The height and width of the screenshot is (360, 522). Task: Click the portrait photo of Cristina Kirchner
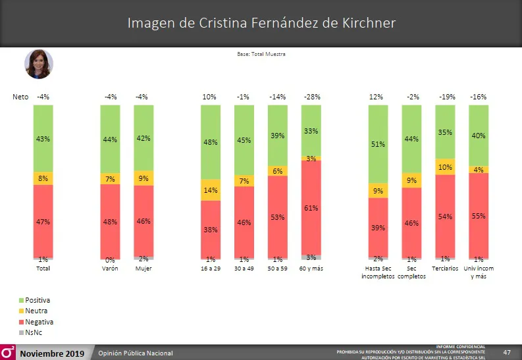click(x=39, y=64)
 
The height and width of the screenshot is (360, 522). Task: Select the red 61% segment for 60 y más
click(x=311, y=207)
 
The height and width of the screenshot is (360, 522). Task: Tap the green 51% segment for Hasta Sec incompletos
click(x=378, y=144)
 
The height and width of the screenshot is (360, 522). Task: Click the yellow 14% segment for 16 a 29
click(x=210, y=190)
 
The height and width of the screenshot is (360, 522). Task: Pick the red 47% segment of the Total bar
click(x=43, y=222)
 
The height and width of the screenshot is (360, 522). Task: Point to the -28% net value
click(x=311, y=97)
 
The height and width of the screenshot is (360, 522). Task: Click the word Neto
click(x=20, y=97)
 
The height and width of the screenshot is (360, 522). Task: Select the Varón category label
click(x=110, y=269)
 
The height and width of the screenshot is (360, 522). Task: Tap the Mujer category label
click(x=144, y=269)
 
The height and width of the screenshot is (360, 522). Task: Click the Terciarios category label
click(x=445, y=269)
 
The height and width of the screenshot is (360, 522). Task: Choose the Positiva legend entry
click(x=37, y=300)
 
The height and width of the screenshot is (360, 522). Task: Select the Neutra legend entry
click(x=36, y=311)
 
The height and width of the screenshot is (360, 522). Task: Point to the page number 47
click(x=507, y=353)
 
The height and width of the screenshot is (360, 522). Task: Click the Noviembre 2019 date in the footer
click(x=51, y=353)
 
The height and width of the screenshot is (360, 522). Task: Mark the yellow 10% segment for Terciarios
click(x=445, y=167)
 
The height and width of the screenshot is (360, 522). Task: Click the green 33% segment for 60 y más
click(x=311, y=131)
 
